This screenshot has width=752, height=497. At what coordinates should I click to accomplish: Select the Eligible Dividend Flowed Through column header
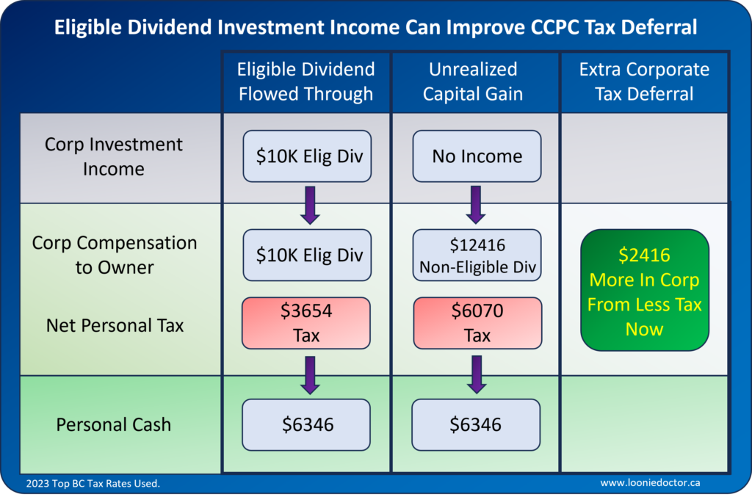click(x=306, y=81)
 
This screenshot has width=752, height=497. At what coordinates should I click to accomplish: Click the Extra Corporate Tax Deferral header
click(x=644, y=81)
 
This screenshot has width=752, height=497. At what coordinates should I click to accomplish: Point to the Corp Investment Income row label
click(x=113, y=156)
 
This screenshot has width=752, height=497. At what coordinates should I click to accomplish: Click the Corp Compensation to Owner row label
click(x=114, y=255)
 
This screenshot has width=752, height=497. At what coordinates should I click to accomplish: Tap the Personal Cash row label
click(x=113, y=424)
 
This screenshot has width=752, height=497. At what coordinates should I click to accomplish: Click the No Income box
click(x=477, y=156)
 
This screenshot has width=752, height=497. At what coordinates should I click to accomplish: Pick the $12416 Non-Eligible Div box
click(x=477, y=255)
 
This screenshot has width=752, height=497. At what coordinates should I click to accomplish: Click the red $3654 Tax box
click(x=306, y=323)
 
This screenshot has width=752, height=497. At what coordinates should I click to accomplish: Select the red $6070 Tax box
click(x=477, y=323)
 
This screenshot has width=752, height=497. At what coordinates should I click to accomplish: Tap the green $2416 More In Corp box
click(x=644, y=291)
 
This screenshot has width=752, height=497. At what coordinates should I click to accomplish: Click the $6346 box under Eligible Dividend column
click(x=306, y=424)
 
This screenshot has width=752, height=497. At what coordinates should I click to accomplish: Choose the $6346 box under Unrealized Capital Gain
click(x=476, y=424)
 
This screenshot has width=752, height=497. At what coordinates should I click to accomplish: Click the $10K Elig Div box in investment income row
click(x=306, y=156)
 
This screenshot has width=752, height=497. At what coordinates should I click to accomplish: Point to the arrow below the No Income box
click(x=477, y=204)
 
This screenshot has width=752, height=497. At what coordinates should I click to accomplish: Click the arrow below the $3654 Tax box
click(x=309, y=374)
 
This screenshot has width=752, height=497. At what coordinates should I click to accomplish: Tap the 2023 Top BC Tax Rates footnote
click(x=93, y=483)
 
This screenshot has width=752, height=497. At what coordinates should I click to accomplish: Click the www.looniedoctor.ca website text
click(x=650, y=483)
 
